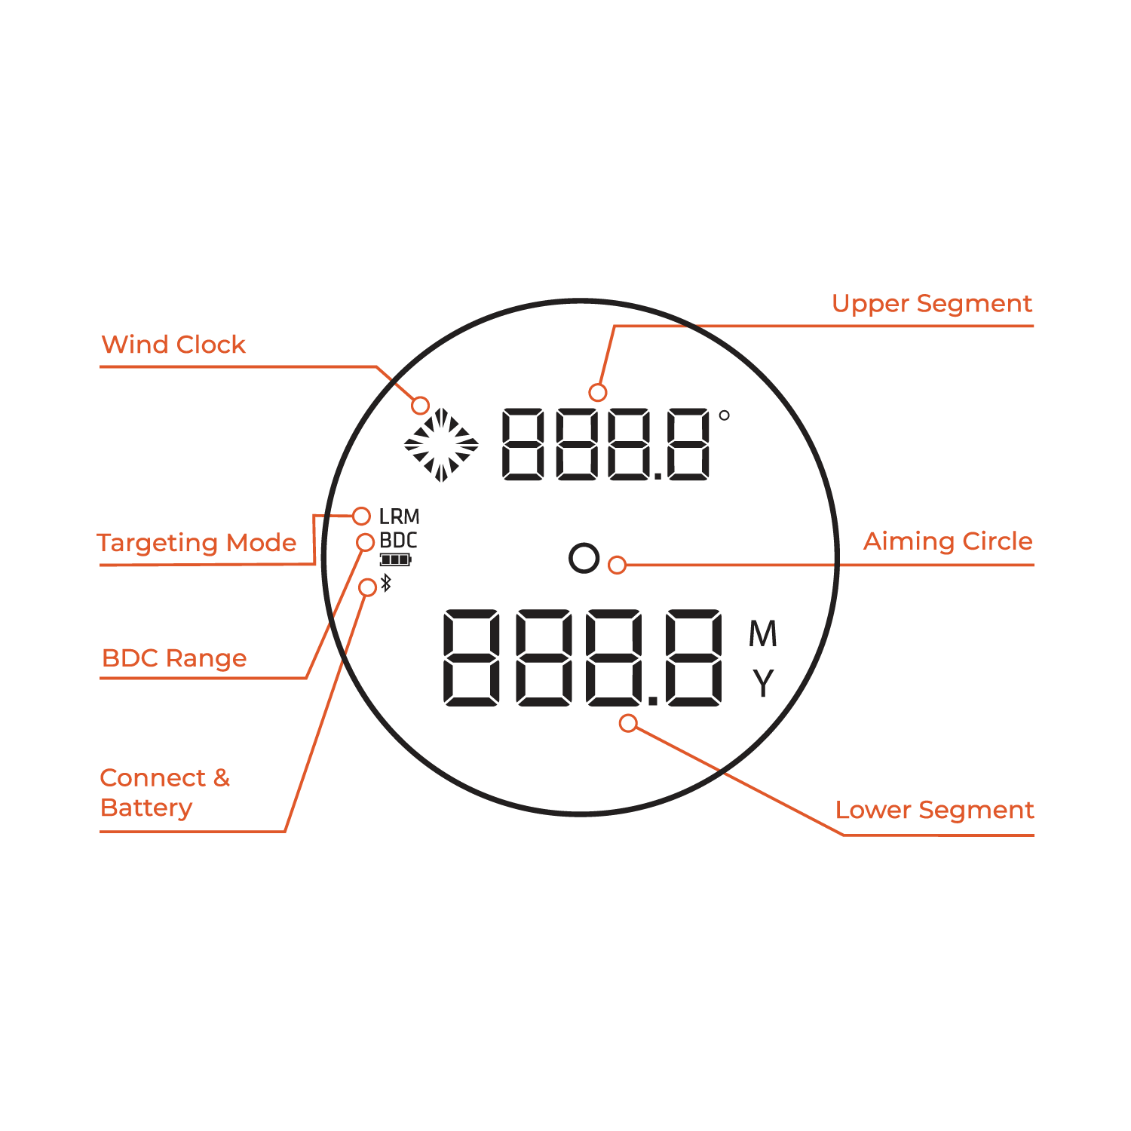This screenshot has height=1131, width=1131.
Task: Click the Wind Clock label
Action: [x=173, y=345]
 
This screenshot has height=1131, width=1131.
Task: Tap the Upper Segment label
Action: [x=932, y=304]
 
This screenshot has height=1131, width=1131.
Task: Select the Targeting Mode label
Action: [x=197, y=543]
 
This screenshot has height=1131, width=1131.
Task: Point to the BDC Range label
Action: [x=174, y=658]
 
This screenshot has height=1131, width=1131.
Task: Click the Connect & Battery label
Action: [x=165, y=792]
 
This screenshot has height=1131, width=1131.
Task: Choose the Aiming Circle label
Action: [x=948, y=541]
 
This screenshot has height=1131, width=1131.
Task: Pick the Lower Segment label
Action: [x=934, y=810]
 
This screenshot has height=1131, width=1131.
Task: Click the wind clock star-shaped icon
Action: [x=441, y=445]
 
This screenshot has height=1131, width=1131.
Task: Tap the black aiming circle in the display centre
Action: [x=584, y=558]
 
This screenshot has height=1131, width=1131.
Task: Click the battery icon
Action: [x=396, y=559]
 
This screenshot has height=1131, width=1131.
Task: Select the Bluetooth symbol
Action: [x=386, y=583]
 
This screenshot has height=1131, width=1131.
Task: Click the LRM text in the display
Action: [x=399, y=516]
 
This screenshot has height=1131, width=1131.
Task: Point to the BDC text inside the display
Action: [x=398, y=541]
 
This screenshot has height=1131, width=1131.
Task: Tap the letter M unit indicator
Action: [x=762, y=634]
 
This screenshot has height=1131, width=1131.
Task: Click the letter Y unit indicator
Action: [x=763, y=683]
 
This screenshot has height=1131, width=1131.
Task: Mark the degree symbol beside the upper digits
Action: [x=724, y=415]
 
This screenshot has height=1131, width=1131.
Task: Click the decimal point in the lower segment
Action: [x=653, y=700]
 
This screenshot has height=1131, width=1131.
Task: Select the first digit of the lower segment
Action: [x=471, y=657]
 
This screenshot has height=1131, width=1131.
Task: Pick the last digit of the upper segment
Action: [x=688, y=445]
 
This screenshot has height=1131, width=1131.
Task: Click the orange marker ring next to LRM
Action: [x=361, y=516]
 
